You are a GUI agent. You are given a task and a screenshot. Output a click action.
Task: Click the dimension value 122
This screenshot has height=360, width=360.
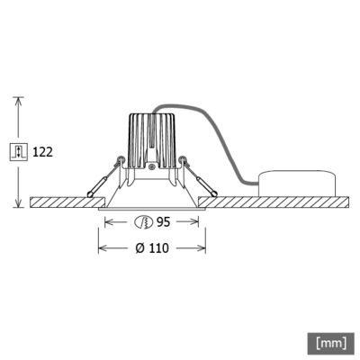click(x=42, y=151)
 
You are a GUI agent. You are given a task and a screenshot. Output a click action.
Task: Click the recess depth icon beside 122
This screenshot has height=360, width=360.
click(x=20, y=151)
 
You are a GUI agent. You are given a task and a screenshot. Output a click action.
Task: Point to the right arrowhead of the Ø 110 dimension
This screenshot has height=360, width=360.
click(x=203, y=247)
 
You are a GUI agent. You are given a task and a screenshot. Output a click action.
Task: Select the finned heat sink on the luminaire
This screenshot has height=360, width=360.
click(x=152, y=139)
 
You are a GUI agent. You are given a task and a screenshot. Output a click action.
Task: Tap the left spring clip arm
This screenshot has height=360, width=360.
click(x=106, y=177)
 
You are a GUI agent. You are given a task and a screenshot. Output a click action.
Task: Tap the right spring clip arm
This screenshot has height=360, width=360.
click(x=199, y=177)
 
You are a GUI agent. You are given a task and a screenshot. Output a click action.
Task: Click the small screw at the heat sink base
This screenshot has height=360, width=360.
click(x=153, y=167)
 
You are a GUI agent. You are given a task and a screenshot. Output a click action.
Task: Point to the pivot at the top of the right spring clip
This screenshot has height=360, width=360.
click(x=184, y=162)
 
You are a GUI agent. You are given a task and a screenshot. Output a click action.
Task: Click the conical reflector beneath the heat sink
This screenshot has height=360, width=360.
click(x=153, y=189)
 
